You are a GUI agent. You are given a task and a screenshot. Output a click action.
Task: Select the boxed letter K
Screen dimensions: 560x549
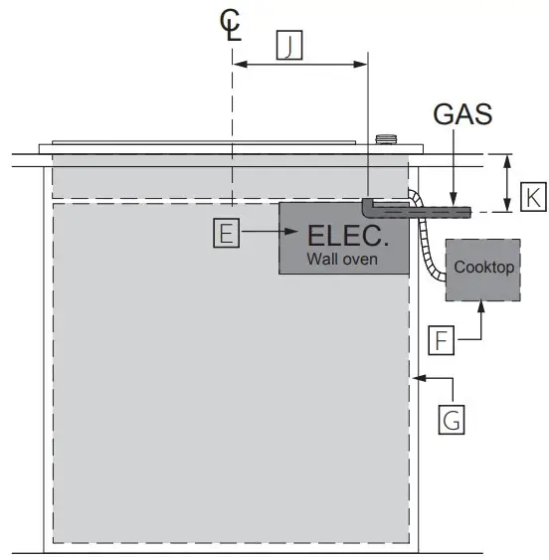pos(534,198)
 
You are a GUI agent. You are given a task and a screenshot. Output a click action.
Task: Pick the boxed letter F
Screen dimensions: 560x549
pos(445,340)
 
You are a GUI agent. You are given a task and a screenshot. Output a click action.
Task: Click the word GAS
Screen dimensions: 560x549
pos(462,114)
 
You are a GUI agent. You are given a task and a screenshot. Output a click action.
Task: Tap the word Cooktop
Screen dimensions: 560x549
pos(483,267)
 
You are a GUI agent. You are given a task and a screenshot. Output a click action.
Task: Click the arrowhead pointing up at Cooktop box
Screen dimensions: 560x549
pos(482,308)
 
